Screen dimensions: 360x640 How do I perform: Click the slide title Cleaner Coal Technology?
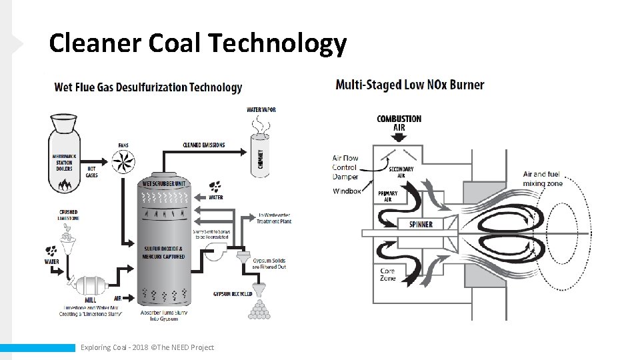click(197, 43)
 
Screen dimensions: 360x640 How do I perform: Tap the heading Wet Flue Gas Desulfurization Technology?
click(148, 87)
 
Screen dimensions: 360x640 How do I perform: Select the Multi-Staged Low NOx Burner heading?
click(409, 85)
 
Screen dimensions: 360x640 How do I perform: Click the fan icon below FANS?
click(124, 162)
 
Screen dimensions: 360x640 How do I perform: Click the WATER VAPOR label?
click(261, 109)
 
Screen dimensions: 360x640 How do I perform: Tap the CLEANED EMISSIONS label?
click(203, 145)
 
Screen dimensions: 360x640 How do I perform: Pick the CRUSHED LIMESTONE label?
click(67, 215)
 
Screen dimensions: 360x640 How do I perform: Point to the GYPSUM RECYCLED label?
click(233, 294)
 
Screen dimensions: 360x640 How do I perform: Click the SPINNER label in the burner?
click(421, 225)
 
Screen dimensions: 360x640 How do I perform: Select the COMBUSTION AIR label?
click(399, 123)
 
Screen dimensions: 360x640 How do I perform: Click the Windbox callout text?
click(346, 191)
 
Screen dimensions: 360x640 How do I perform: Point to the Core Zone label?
click(388, 275)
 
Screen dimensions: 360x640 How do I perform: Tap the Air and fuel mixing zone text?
click(543, 179)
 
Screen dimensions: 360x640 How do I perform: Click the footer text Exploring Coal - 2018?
click(147, 347)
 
